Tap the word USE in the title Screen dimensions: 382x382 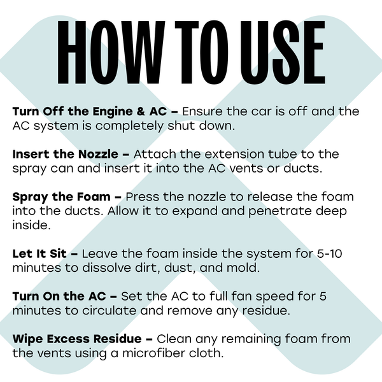pyautogui.click(x=283, y=52)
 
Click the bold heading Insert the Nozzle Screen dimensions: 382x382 pyautogui.click(x=66, y=154)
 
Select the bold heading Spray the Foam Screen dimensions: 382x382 pyautogui.click(x=61, y=197)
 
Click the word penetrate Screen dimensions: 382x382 pyautogui.click(x=279, y=211)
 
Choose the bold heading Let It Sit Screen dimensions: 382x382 pyautogui.click(x=39, y=253)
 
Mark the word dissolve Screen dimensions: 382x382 pyautogui.click(x=106, y=267)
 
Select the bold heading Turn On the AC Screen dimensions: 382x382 pyautogui.click(x=59, y=296)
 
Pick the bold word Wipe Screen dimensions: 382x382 pyautogui.click(x=27, y=339)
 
